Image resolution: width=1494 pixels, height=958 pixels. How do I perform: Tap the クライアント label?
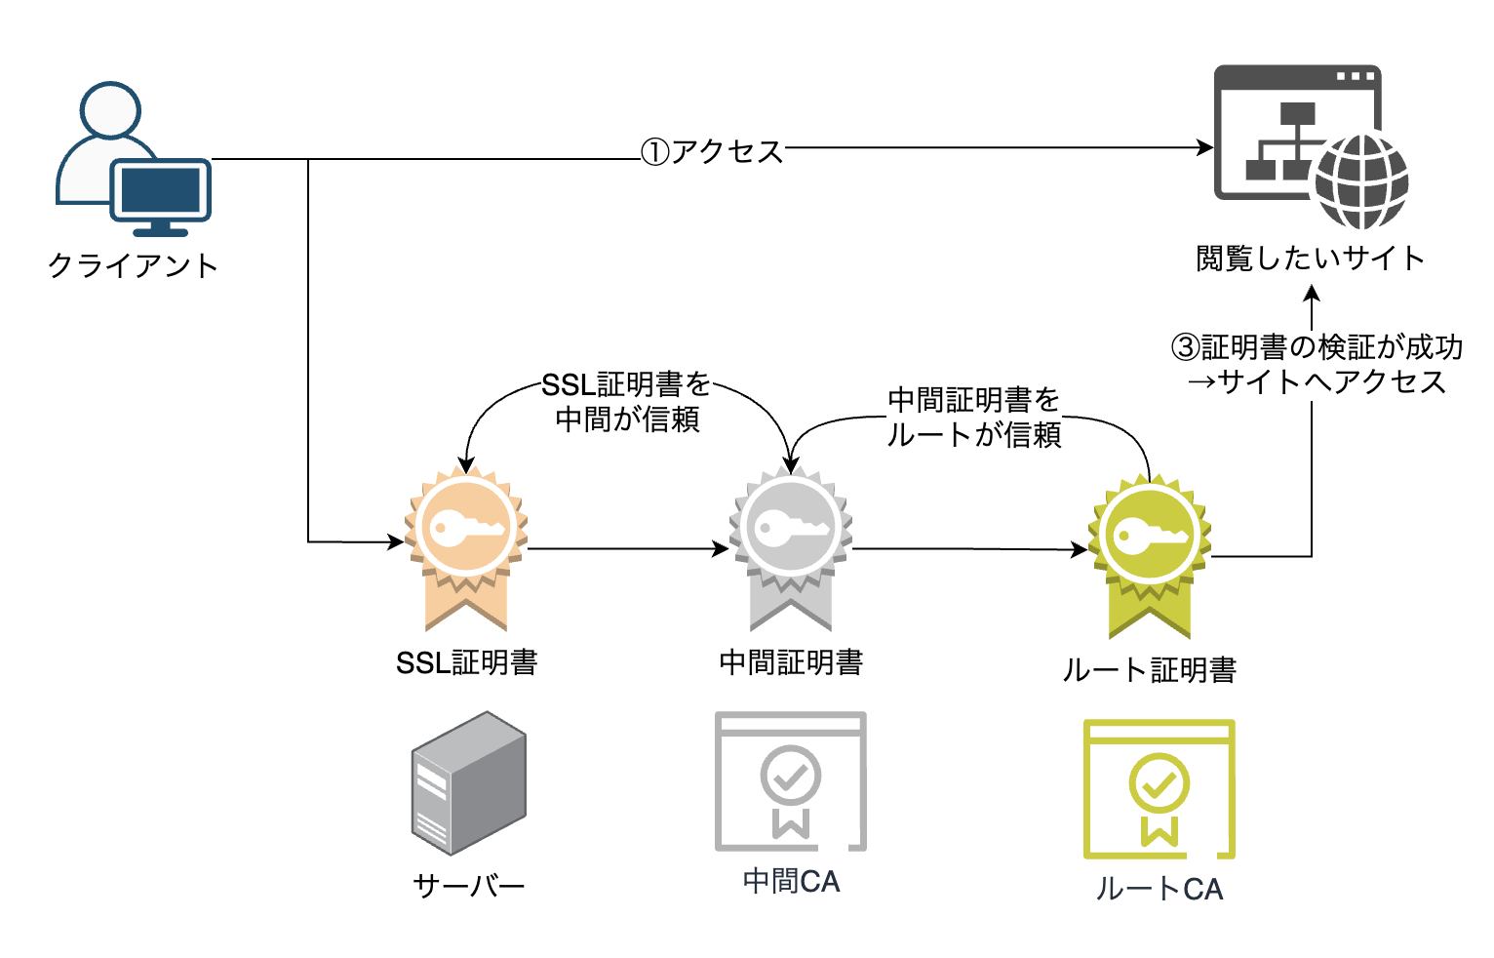(x=134, y=265)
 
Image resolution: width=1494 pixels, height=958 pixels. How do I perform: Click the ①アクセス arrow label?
(x=712, y=151)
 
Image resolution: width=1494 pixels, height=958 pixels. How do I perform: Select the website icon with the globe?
(x=1310, y=145)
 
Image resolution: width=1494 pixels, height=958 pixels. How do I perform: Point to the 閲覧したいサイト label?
(x=1310, y=259)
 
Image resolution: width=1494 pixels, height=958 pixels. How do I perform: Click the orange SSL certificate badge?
(x=466, y=546)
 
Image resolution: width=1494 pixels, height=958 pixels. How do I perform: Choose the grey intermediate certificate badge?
(x=791, y=546)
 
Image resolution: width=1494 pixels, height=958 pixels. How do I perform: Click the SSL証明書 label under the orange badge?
(x=466, y=663)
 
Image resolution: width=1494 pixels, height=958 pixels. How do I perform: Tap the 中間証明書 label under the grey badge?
(x=791, y=663)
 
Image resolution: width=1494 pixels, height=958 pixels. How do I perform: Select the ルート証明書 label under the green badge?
(x=1150, y=670)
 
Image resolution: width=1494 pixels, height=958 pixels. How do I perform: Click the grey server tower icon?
(x=468, y=782)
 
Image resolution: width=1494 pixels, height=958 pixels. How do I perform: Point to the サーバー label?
(x=468, y=886)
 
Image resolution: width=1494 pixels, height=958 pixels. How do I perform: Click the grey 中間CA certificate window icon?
(x=791, y=781)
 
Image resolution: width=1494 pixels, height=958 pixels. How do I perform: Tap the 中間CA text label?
(x=791, y=882)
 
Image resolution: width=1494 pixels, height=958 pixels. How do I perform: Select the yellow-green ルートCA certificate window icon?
(x=1160, y=789)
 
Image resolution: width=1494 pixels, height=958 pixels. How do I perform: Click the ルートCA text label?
(x=1160, y=890)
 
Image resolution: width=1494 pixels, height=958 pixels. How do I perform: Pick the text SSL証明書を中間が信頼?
(x=627, y=402)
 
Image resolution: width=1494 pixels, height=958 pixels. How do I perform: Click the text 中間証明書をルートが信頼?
(x=973, y=418)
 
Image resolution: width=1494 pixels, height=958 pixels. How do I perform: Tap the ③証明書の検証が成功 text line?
(x=1317, y=347)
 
